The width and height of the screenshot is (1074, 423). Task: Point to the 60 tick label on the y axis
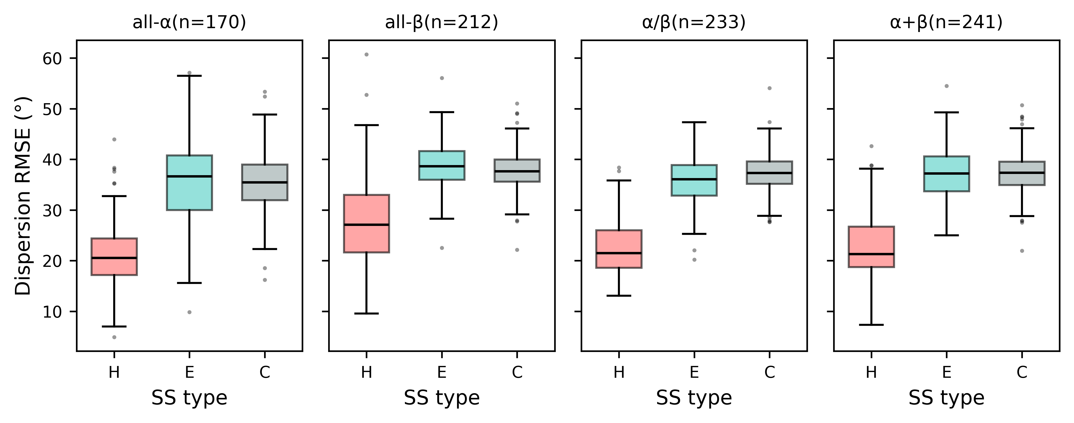pyautogui.click(x=52, y=59)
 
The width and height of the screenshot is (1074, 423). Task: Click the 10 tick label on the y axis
pyautogui.click(x=52, y=312)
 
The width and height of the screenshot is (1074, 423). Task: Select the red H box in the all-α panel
pyautogui.click(x=114, y=256)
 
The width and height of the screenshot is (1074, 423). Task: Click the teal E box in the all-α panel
pyautogui.click(x=189, y=183)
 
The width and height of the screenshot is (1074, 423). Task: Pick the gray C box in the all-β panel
pyautogui.click(x=517, y=170)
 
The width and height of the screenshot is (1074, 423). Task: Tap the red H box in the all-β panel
pyautogui.click(x=366, y=224)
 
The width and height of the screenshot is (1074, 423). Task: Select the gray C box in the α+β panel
pyautogui.click(x=1022, y=173)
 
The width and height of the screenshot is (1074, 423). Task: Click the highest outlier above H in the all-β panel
pyautogui.click(x=366, y=55)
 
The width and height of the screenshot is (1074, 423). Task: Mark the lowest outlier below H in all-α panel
pyautogui.click(x=114, y=337)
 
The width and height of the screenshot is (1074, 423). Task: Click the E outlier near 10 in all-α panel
pyautogui.click(x=189, y=312)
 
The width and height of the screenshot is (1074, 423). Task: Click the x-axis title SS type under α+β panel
pyautogui.click(x=946, y=398)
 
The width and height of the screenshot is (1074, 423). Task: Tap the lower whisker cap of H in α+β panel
pyautogui.click(x=871, y=325)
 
